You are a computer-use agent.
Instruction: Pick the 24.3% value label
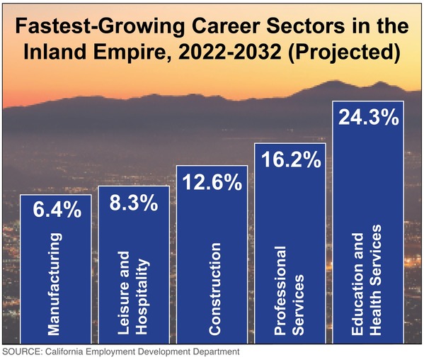pyautogui.click(x=367, y=118)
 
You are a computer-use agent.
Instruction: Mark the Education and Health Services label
pyautogui.click(x=367, y=277)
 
